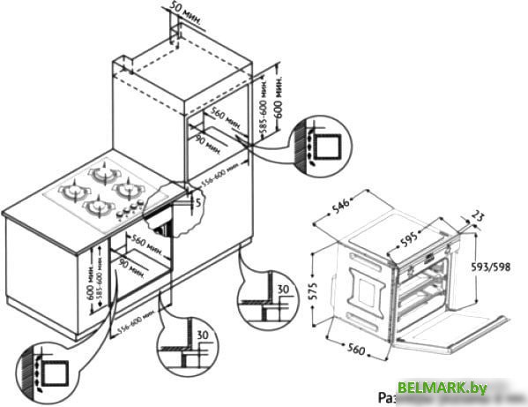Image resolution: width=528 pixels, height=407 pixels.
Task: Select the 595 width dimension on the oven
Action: (x=428, y=239)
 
